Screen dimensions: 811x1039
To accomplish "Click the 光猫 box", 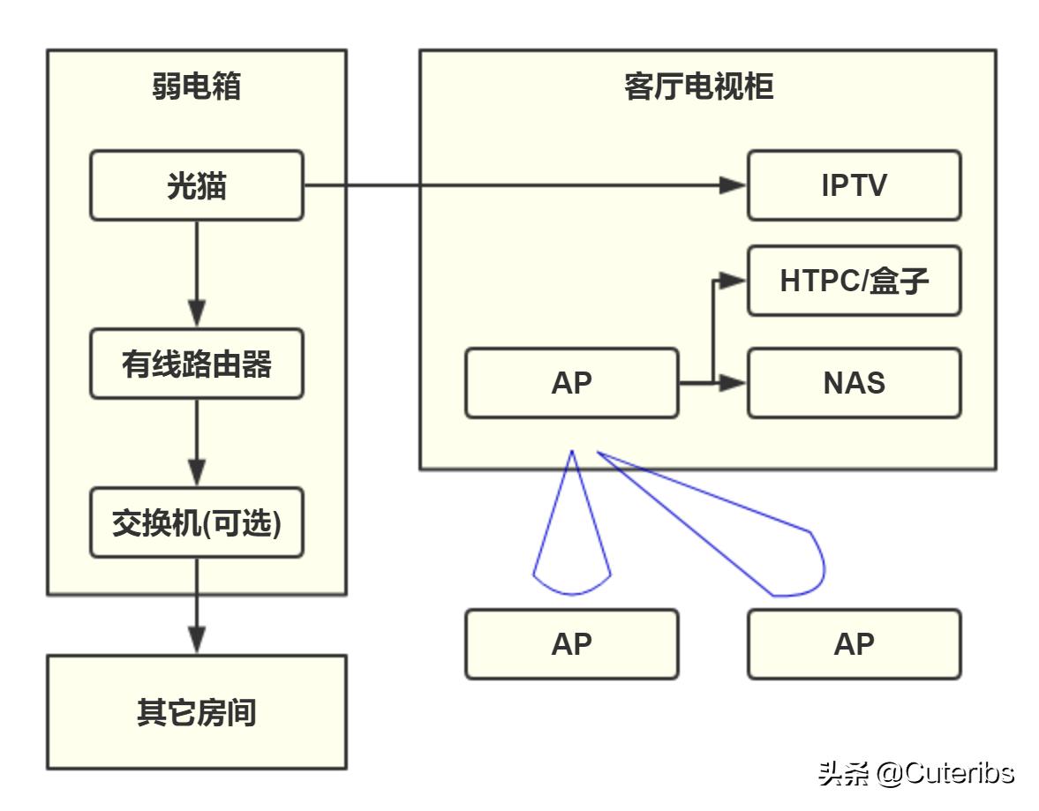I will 196,185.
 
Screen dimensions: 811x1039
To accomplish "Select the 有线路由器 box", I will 196,364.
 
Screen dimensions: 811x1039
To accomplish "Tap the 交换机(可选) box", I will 196,522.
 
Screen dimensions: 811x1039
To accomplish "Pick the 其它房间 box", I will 196,711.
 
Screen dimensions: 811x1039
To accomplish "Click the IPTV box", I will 854,185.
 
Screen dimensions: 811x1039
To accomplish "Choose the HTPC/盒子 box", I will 854,281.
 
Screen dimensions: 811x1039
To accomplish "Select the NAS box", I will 854,383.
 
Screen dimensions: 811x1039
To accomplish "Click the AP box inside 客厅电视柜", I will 571,383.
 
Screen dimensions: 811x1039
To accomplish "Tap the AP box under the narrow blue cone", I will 571,644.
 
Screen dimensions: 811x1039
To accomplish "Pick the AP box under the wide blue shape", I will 854,644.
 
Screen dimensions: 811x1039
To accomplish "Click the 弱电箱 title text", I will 196,87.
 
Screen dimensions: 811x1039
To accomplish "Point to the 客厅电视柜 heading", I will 698,87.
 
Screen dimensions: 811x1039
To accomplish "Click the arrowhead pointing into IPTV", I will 733,185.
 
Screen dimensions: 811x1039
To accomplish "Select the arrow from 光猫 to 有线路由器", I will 196,274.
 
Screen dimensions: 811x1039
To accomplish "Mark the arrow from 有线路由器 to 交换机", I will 196,441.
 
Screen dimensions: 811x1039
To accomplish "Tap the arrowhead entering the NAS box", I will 734,383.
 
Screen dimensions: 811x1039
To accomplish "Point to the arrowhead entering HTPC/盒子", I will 734,281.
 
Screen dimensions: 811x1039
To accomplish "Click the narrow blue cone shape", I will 571,538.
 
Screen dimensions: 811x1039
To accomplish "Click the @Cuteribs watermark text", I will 945,773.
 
